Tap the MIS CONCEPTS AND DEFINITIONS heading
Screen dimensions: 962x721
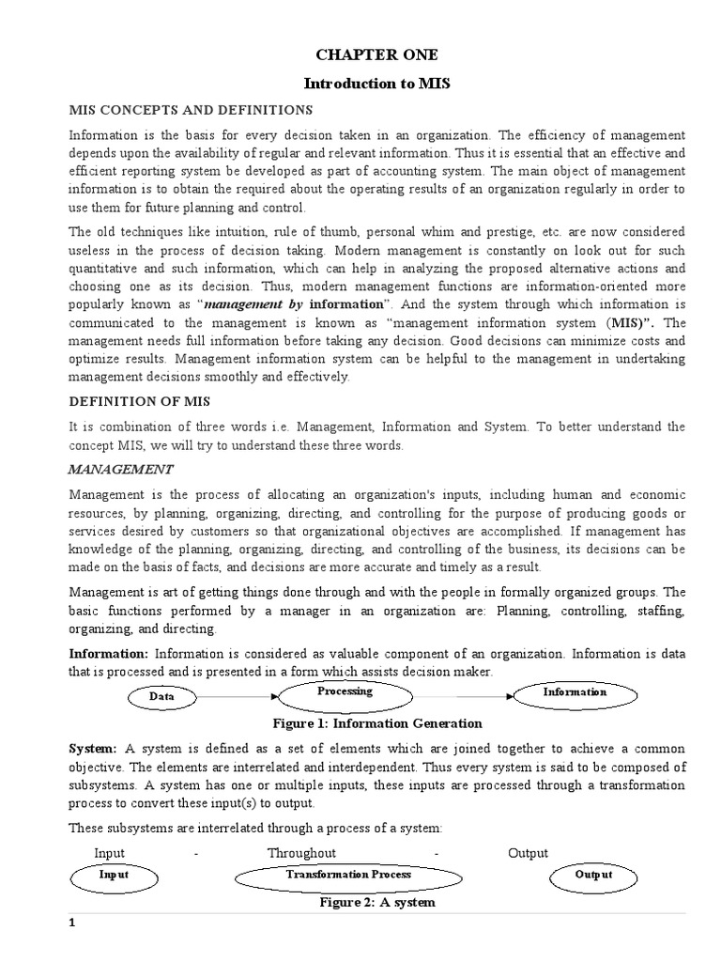192,111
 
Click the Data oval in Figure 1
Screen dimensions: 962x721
164,697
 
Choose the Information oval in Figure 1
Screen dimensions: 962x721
575,692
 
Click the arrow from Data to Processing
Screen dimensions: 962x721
239,696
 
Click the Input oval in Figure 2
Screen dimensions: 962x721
114,875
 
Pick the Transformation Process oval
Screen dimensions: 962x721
348,877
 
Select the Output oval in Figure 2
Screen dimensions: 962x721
592,875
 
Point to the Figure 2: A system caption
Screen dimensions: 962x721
376,902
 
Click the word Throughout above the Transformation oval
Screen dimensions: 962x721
301,853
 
